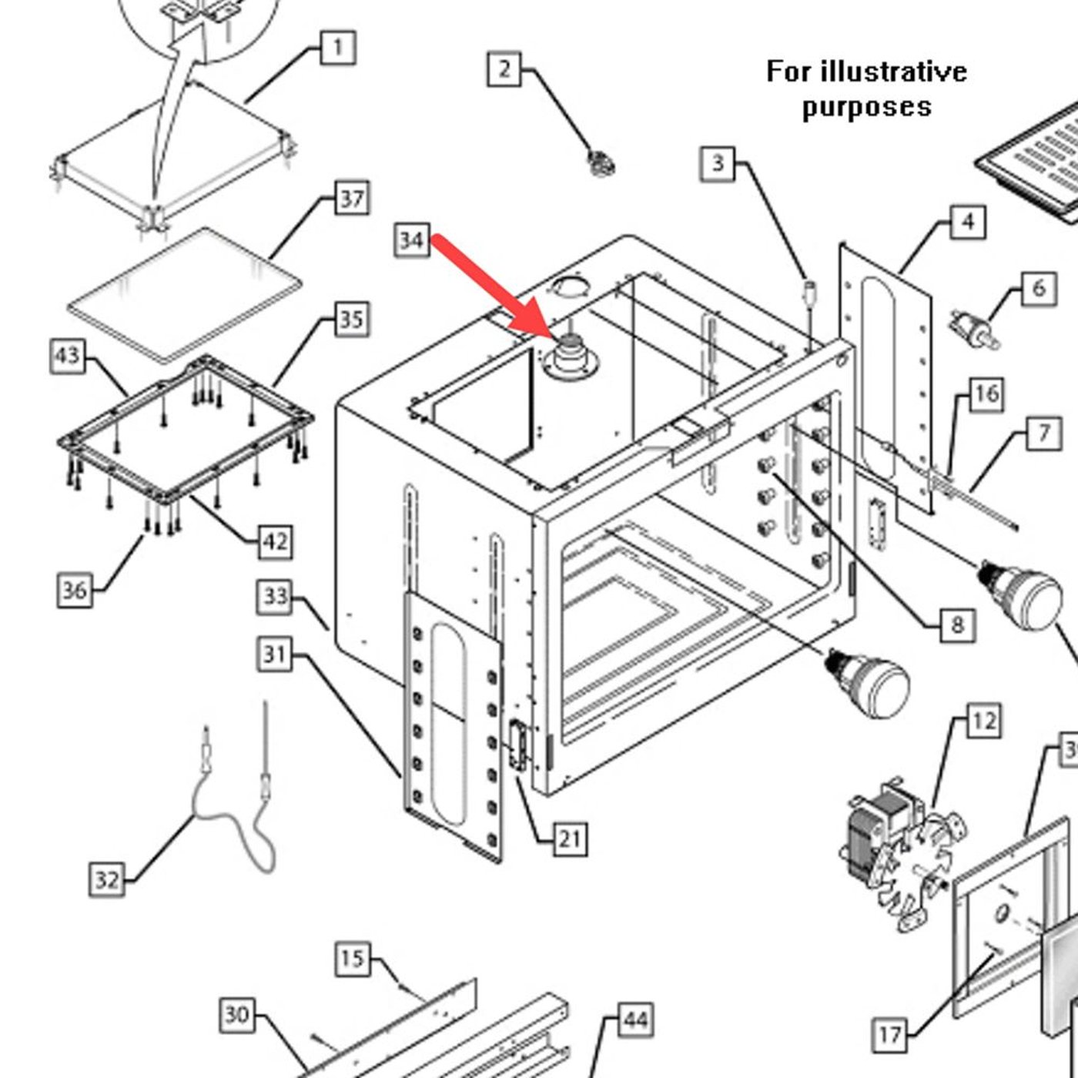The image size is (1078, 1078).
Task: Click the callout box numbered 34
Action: tap(411, 240)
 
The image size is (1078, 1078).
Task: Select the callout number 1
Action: tap(337, 48)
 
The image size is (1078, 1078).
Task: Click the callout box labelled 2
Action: tap(504, 69)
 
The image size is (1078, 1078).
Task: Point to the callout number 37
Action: tap(352, 199)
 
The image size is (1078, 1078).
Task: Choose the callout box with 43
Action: tap(67, 356)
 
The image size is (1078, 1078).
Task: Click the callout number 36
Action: tap(74, 591)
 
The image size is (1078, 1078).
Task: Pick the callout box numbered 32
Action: tap(106, 879)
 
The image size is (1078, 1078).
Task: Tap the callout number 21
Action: tap(569, 838)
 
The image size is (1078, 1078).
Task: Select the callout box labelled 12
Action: tap(983, 721)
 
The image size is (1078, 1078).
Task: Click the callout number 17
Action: tap(889, 1034)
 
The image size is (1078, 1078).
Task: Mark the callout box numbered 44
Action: tap(635, 1020)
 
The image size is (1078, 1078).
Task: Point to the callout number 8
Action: tap(957, 624)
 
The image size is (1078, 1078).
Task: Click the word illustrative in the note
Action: tap(893, 72)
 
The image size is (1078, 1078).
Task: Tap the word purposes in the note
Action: tap(866, 106)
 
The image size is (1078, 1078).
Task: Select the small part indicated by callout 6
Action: tap(974, 329)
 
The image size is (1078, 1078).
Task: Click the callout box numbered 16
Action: tap(986, 394)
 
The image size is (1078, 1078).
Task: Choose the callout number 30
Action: tap(236, 1015)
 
